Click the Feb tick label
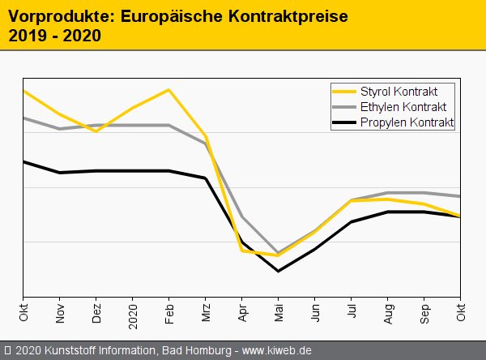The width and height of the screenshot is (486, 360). click(x=169, y=312)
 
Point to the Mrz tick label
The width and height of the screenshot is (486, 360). click(x=206, y=312)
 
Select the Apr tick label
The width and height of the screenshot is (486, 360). click(x=242, y=312)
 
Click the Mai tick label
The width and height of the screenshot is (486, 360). click(x=279, y=312)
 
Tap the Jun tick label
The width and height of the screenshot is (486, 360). click(x=315, y=312)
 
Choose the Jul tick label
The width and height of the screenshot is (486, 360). click(x=352, y=311)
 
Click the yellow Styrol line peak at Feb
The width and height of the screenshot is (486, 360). click(x=168, y=90)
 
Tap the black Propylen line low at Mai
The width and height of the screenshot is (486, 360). click(x=278, y=271)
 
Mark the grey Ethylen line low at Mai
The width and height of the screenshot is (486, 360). click(x=278, y=252)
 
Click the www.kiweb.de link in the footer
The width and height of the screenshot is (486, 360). click(x=277, y=350)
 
